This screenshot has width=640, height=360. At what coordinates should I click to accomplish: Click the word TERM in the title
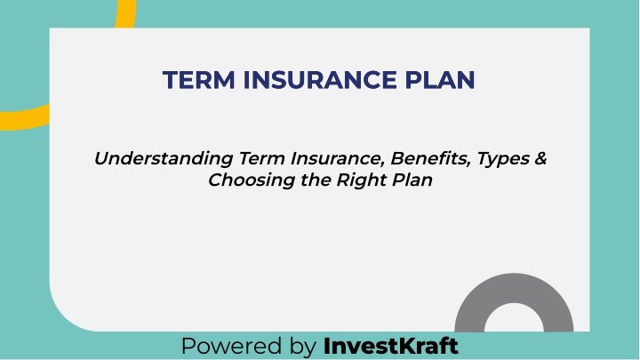point(199,80)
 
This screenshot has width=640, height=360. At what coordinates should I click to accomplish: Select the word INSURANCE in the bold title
point(320,80)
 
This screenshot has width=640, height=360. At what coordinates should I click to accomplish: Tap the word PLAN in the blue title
point(440,80)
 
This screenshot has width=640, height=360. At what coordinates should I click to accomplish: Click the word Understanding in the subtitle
point(164,158)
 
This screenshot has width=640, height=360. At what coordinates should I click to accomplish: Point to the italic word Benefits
point(430,158)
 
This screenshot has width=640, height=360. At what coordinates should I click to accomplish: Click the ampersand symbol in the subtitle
point(540,158)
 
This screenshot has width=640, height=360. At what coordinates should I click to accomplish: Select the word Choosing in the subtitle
point(252,180)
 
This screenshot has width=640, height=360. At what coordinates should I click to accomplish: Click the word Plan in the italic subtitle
point(412,180)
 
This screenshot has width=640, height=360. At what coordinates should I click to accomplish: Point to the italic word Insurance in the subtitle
point(338,158)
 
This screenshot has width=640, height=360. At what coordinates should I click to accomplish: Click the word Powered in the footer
point(231,346)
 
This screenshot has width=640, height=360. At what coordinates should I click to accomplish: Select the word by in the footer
point(303,347)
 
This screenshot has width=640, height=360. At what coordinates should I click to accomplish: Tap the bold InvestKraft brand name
point(390,346)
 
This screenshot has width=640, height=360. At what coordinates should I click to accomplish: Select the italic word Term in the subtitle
point(261,158)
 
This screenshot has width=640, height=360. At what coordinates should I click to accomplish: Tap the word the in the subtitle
point(316,180)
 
